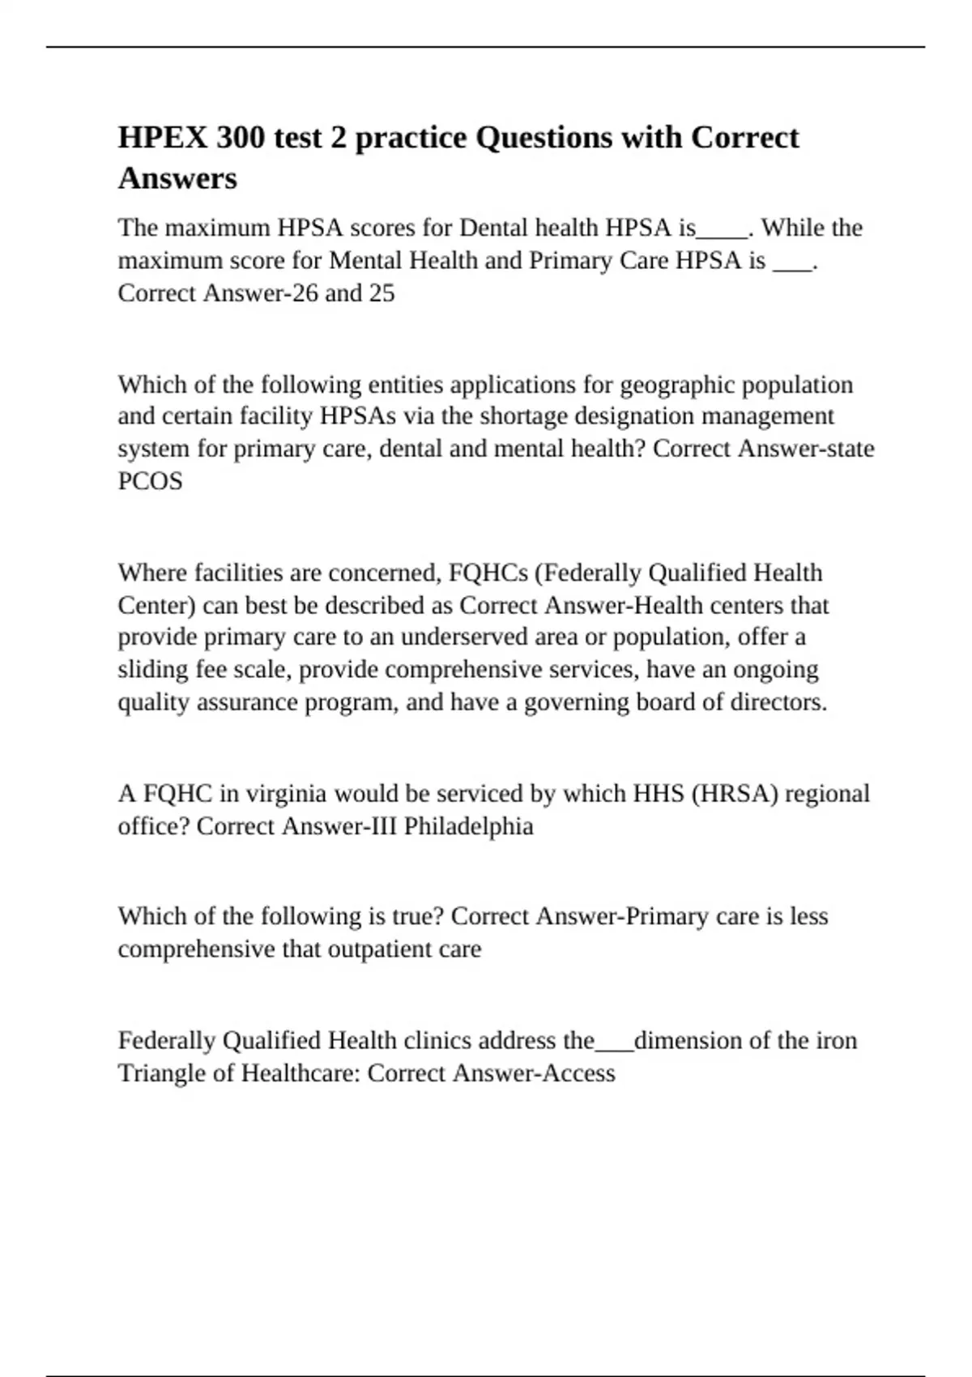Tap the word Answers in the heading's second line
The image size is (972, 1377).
pos(177,178)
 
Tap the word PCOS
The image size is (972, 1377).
pos(150,481)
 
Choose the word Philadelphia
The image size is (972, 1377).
pos(468,826)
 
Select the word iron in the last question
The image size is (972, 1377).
pos(836,1040)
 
